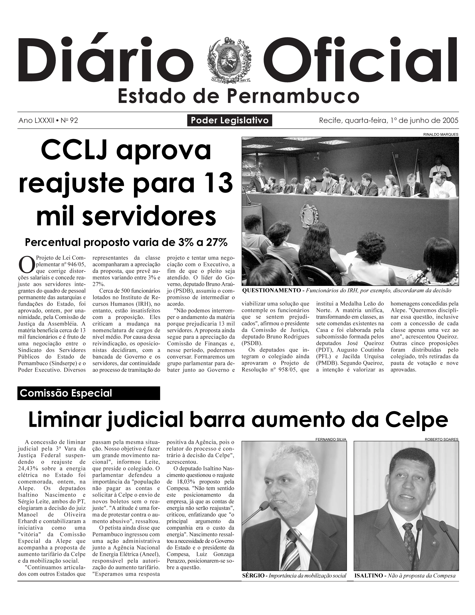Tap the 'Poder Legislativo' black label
pos(230,121)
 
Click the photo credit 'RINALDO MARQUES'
pos(441,135)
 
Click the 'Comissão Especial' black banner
pos(88,393)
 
